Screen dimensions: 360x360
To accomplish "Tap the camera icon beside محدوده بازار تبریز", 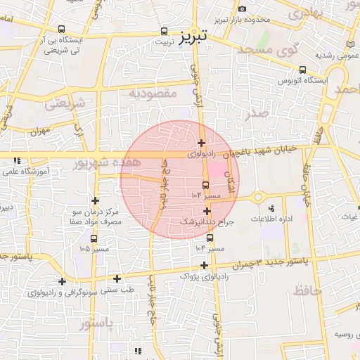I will pyautogui.click(x=242, y=8).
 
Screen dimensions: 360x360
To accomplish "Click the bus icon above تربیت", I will pyautogui.click(x=165, y=31).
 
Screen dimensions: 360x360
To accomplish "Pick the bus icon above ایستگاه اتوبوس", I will pyautogui.click(x=303, y=70).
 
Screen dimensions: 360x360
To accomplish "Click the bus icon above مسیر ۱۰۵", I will pyautogui.click(x=95, y=238).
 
